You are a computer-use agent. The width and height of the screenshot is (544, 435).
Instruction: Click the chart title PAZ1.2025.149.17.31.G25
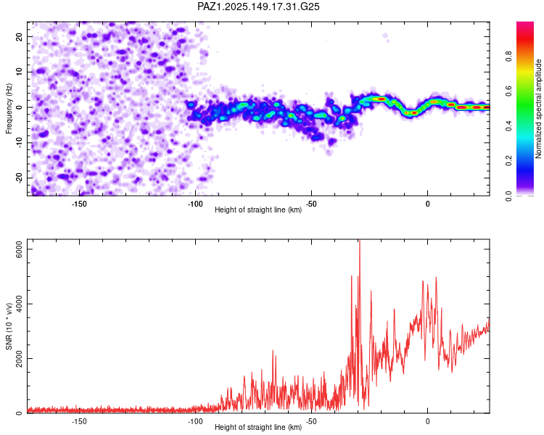pyautogui.click(x=258, y=7)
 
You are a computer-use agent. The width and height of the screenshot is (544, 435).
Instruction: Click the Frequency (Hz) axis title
pyautogui.click(x=9, y=109)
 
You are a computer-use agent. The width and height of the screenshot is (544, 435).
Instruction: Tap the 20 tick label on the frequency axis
pyautogui.click(x=19, y=36)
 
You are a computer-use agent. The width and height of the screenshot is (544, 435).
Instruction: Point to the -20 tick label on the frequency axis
pyautogui.click(x=19, y=178)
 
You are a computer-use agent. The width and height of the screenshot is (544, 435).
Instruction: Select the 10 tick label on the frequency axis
pyautogui.click(x=19, y=72)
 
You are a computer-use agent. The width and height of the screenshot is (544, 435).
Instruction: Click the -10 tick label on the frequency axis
pyautogui.click(x=19, y=143)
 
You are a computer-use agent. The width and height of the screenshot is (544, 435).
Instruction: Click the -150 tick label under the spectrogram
pyautogui.click(x=79, y=204)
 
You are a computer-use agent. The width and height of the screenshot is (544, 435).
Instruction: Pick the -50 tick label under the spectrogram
pyautogui.click(x=311, y=204)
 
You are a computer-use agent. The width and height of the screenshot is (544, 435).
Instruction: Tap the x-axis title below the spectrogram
pyautogui.click(x=258, y=210)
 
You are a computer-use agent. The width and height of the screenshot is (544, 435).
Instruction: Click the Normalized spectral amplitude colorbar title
pyautogui.click(x=538, y=109)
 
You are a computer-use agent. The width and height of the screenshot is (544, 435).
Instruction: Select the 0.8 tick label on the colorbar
pyautogui.click(x=508, y=56)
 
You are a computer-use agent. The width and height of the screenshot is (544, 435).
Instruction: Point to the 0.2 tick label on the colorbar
pyautogui.click(x=508, y=161)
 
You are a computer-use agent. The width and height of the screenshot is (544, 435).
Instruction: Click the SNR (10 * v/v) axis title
pyautogui.click(x=9, y=326)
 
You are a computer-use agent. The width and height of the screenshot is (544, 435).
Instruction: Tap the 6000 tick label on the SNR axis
pyautogui.click(x=19, y=249)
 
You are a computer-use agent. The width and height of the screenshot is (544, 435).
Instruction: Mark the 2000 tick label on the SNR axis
pyautogui.click(x=19, y=358)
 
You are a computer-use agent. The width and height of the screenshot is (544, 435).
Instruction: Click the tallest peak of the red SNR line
pyautogui.click(x=360, y=240)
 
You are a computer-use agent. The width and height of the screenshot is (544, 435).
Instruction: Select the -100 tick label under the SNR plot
pyautogui.click(x=195, y=421)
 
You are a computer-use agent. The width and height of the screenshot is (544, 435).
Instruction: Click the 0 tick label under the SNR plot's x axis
pyautogui.click(x=427, y=421)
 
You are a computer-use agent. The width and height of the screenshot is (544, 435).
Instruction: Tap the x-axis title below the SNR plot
pyautogui.click(x=258, y=427)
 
